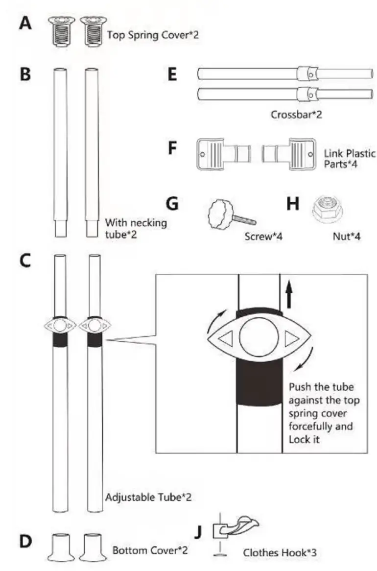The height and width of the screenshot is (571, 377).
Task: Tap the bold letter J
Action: pyautogui.click(x=198, y=532)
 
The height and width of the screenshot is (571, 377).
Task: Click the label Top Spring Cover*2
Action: pyautogui.click(x=153, y=35)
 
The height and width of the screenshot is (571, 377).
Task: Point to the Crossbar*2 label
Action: pyautogui.click(x=296, y=116)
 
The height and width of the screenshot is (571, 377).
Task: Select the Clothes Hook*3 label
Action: pyautogui.click(x=280, y=553)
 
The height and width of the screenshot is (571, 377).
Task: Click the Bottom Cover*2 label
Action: pyautogui.click(x=150, y=550)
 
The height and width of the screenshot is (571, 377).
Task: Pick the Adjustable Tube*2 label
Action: pyautogui.click(x=148, y=498)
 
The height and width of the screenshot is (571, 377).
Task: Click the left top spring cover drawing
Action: pyautogui.click(x=61, y=30)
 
